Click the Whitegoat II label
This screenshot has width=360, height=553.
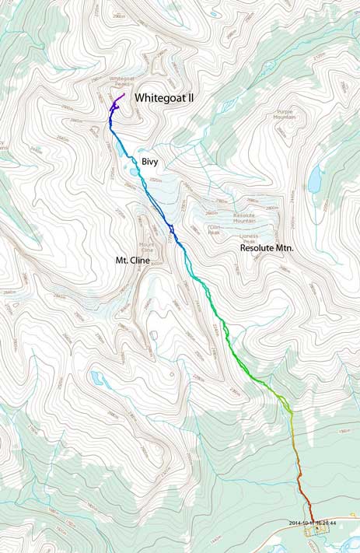click(167, 98)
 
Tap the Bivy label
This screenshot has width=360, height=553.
click(152, 161)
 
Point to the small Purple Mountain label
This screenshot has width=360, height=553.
click(288, 115)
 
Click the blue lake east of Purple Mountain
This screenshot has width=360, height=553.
click(315, 180)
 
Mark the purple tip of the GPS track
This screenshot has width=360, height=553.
click(124, 94)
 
